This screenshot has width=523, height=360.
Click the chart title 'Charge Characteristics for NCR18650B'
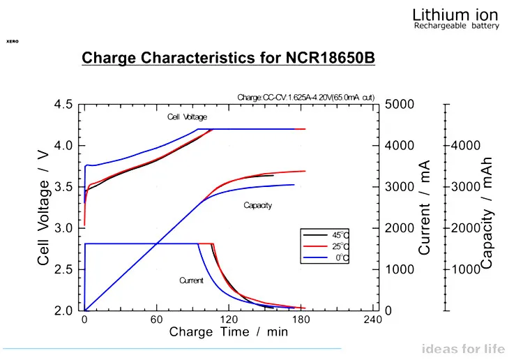pos(229,58)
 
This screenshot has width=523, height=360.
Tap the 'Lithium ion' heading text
pos(457,14)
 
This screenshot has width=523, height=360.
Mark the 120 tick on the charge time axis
pos(229,320)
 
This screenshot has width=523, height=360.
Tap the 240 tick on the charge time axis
pos(373,320)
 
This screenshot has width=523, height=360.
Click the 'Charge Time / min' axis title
pos(229,333)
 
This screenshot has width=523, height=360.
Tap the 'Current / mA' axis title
pos(424,207)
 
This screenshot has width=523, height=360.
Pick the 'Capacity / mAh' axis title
pos(487,212)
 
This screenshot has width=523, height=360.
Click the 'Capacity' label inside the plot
pos(257,205)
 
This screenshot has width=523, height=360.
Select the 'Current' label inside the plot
pos(191,280)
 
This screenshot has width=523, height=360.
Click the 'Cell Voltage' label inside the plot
pos(187,117)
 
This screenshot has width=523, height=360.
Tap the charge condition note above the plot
pos(307,97)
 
